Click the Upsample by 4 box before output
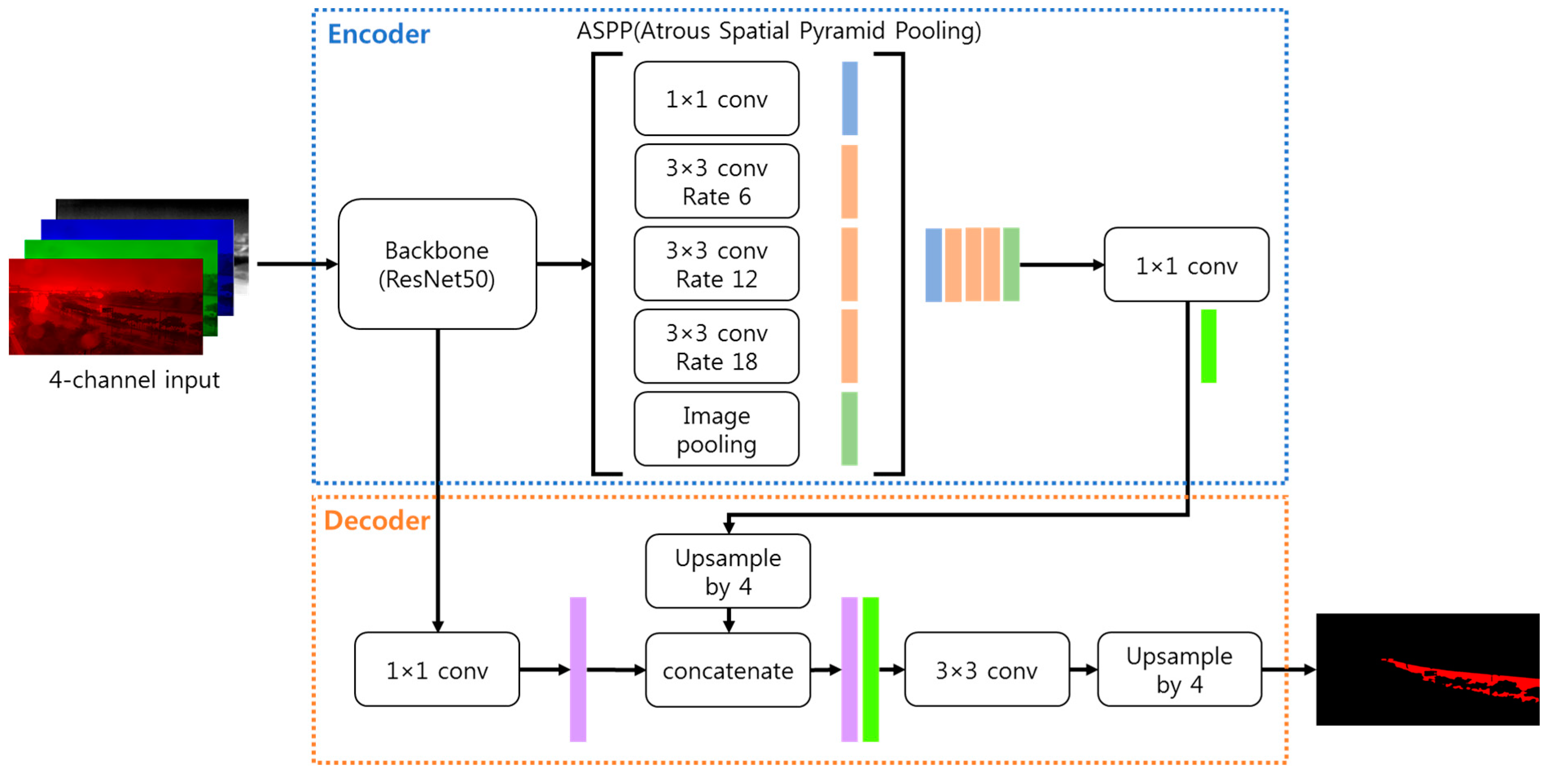point(1179,669)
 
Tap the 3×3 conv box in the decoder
point(986,669)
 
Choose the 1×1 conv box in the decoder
point(437,669)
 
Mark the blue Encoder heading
point(379,34)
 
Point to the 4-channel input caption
point(134,379)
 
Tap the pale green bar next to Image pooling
point(849,429)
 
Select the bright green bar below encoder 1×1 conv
point(1208,346)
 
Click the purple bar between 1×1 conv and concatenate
point(578,669)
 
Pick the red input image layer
point(105,307)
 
